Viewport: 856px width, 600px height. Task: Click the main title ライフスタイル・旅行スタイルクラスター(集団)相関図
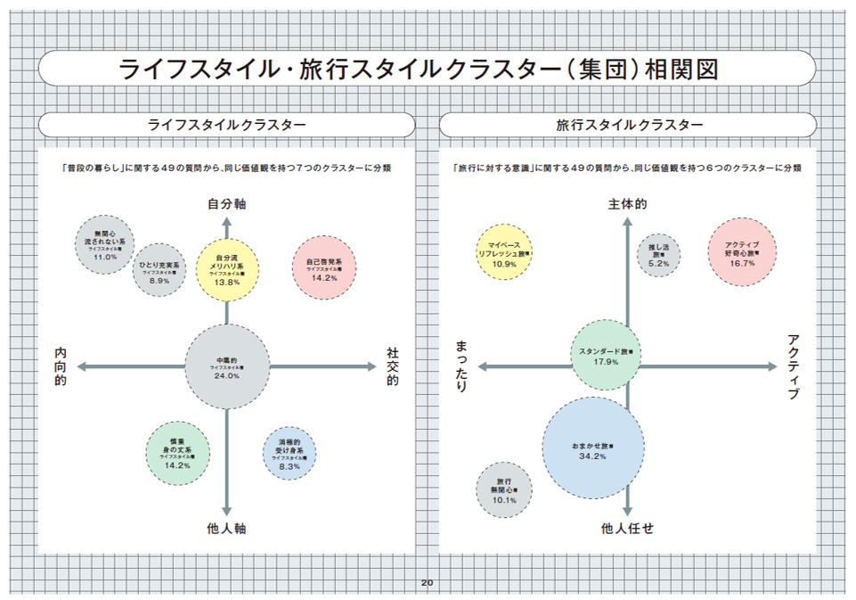419,69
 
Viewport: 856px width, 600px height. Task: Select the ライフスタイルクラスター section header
226,125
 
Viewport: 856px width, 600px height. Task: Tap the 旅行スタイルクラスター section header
628,125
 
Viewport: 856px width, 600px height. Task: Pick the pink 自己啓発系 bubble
324,268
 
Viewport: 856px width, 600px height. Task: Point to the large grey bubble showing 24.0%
227,366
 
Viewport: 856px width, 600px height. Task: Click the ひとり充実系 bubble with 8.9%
159,269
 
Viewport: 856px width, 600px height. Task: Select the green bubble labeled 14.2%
178,452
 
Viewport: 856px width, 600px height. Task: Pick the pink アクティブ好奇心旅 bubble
741,252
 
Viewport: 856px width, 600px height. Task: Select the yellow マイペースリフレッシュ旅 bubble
505,252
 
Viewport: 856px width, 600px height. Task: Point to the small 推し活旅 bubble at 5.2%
659,254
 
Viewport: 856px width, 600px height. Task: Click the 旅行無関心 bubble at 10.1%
504,489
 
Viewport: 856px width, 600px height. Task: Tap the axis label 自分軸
227,204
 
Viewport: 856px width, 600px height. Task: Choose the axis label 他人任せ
628,529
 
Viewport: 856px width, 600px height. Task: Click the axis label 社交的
392,366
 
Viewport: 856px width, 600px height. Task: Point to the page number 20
427,583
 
